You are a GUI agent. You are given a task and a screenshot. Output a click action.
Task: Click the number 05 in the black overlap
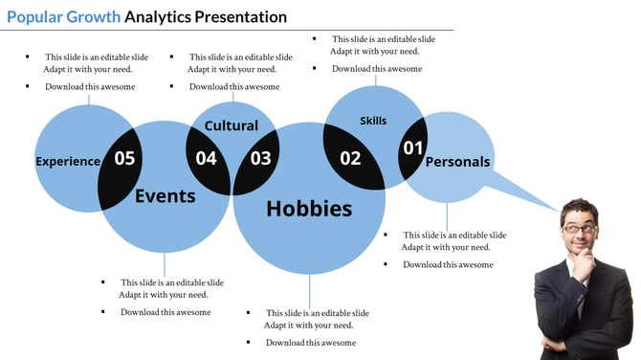(124, 159)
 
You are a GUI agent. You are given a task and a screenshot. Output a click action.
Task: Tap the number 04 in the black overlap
(207, 159)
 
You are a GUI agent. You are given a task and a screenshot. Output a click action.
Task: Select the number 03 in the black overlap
(260, 159)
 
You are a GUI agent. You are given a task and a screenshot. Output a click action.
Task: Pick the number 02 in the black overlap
(350, 159)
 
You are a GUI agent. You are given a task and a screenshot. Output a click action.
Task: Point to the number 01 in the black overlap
(412, 148)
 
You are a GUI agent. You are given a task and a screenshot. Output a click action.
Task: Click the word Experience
(68, 162)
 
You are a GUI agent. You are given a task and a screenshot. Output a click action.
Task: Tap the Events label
(165, 196)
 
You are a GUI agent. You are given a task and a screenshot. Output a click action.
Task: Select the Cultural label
(232, 126)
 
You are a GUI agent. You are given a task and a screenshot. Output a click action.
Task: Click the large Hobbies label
(309, 209)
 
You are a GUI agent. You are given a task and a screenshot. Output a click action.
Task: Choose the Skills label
(373, 121)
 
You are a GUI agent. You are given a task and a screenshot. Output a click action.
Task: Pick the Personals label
(457, 162)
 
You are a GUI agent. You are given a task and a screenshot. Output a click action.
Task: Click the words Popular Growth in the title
(63, 16)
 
